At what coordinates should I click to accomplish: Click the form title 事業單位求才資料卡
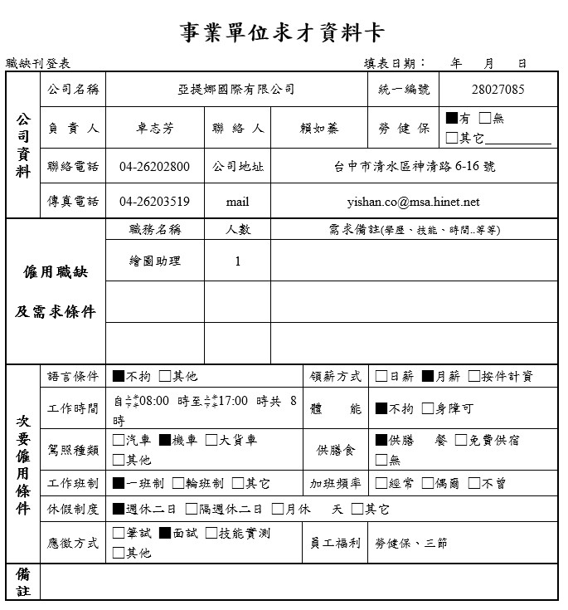(x=282, y=32)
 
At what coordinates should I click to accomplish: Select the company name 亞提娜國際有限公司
(x=236, y=90)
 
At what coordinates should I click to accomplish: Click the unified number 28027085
(x=498, y=90)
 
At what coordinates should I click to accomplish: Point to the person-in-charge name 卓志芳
(x=155, y=129)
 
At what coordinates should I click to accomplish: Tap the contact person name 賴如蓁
(x=319, y=129)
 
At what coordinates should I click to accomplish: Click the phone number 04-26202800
(x=154, y=167)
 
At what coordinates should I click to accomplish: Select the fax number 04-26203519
(x=154, y=202)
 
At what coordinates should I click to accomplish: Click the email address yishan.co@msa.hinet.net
(x=413, y=202)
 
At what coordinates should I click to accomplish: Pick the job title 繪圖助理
(x=155, y=261)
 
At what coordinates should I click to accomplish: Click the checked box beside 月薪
(x=428, y=377)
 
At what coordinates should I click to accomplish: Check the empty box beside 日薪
(x=381, y=377)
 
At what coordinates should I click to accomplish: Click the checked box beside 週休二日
(x=119, y=509)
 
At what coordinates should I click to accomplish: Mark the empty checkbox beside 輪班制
(x=178, y=483)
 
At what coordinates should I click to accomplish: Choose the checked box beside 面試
(x=165, y=534)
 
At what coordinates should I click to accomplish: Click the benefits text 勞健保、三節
(x=411, y=543)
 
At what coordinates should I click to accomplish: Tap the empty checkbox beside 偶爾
(x=428, y=483)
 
